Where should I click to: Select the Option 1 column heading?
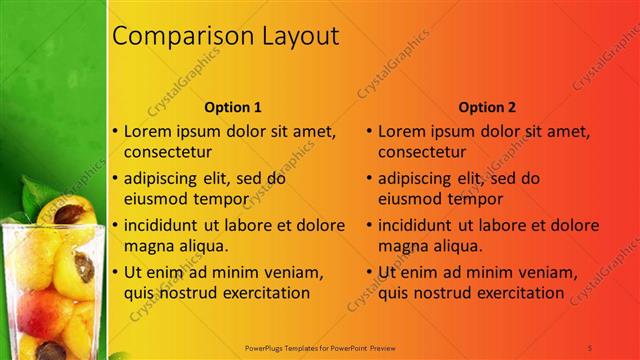(233, 107)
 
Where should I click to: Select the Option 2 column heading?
(488, 107)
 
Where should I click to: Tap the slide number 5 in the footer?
(590, 347)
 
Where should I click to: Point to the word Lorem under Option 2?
(405, 131)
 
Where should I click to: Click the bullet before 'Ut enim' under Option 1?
(115, 272)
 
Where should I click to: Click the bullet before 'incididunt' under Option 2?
(370, 225)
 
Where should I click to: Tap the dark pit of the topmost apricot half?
(69, 213)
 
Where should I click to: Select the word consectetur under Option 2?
(421, 152)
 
